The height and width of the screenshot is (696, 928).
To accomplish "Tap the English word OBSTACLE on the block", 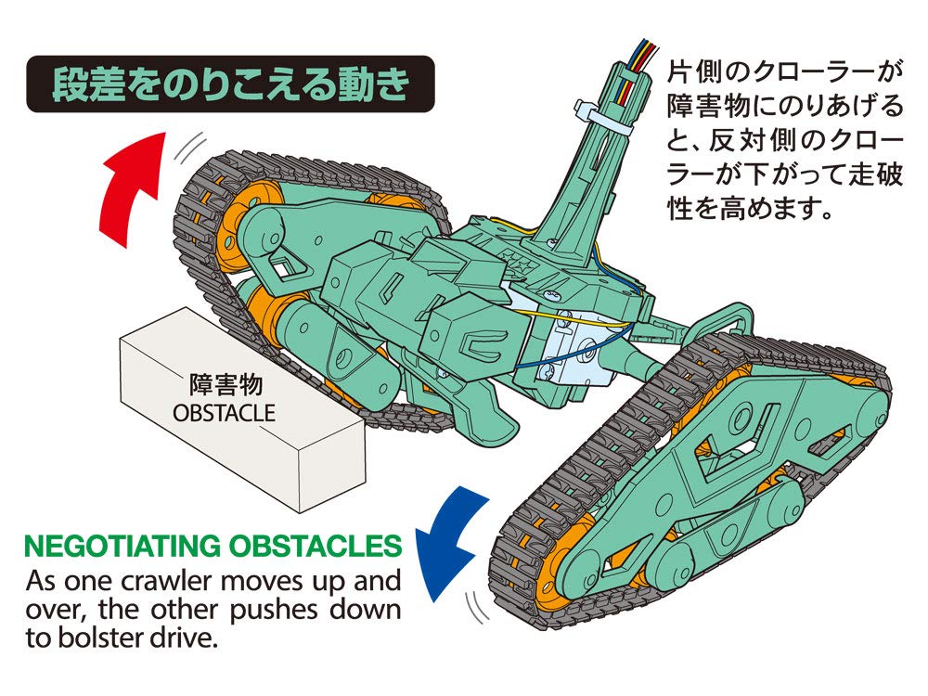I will click(x=225, y=411).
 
